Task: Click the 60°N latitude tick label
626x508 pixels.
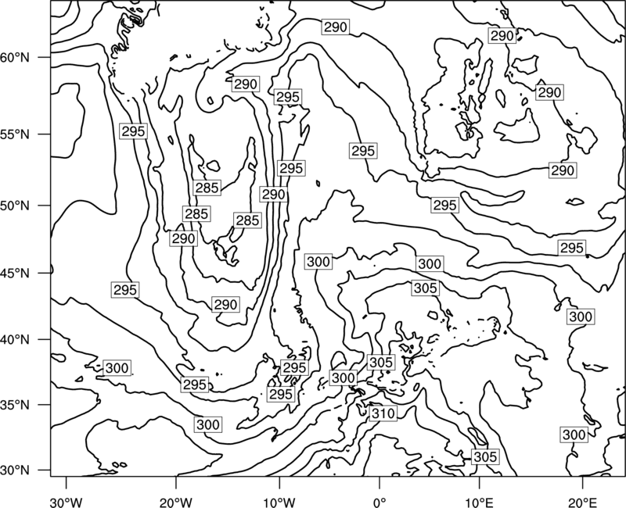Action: [x=15, y=57]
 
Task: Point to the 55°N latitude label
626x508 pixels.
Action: [x=15, y=134]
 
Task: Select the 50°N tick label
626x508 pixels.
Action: [x=15, y=206]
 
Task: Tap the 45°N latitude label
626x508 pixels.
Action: [x=15, y=273]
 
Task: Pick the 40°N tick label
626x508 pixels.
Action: [x=15, y=339]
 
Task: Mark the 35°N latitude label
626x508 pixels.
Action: [x=15, y=405]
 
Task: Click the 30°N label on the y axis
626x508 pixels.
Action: [x=15, y=470]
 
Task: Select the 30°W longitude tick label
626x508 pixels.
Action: [x=66, y=502]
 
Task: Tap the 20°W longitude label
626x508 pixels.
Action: [x=175, y=502]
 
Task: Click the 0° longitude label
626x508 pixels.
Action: [x=379, y=502]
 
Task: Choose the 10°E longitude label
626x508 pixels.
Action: [x=479, y=502]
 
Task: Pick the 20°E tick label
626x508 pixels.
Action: [x=582, y=502]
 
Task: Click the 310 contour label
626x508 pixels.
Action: [x=383, y=413]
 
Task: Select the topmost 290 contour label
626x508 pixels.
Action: [x=336, y=27]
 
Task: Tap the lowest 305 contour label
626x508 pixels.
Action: [x=485, y=456]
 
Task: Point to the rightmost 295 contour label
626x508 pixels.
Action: [x=572, y=248]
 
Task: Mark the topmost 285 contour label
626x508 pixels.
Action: [x=207, y=188]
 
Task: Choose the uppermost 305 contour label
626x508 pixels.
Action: [x=426, y=288]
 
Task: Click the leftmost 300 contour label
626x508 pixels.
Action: [x=117, y=367]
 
